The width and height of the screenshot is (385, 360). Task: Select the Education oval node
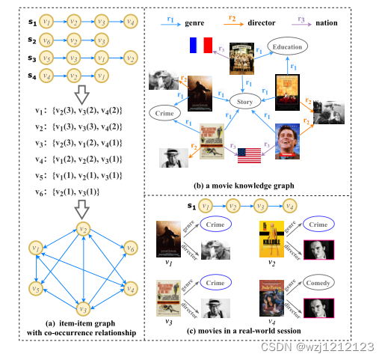[x=287, y=48]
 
